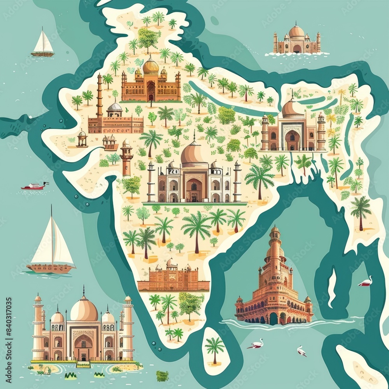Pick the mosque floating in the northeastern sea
click(x=297, y=40)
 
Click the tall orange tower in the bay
click(x=274, y=280)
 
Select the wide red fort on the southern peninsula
click(x=173, y=278)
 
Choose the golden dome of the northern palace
click(x=151, y=66)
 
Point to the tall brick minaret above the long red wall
click(x=100, y=95)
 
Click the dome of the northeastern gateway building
click(x=293, y=108)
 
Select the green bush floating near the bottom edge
click(x=162, y=375)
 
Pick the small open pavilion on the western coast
click(x=82, y=138)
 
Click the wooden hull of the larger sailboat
click(x=51, y=268)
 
